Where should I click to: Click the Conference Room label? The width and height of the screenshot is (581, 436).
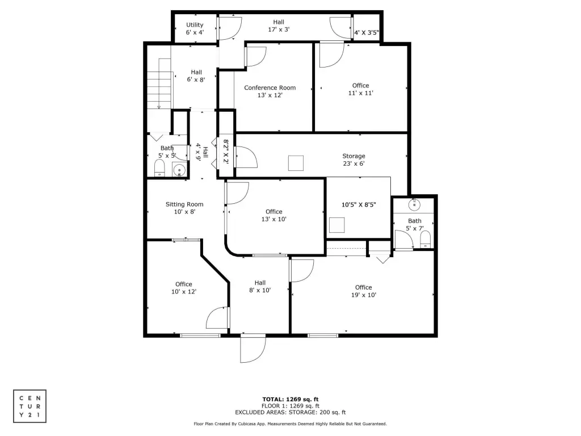tap(270, 88)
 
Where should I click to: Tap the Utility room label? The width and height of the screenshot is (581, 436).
tap(195, 25)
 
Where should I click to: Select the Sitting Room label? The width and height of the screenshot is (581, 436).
tap(184, 204)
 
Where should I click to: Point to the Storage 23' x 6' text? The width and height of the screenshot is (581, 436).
tap(353, 160)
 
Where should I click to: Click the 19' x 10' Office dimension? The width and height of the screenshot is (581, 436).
tap(364, 295)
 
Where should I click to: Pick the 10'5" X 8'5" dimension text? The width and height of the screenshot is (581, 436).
tap(359, 204)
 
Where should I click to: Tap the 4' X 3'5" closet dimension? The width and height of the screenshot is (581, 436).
tap(367, 32)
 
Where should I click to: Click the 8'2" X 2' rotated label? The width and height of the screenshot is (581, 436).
tap(226, 152)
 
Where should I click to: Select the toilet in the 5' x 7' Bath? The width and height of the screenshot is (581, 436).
tap(426, 240)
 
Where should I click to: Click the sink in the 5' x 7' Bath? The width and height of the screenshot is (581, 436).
tap(414, 204)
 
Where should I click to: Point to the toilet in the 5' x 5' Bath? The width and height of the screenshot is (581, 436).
tap(159, 168)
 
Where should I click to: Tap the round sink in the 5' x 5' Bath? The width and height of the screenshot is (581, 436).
tap(179, 170)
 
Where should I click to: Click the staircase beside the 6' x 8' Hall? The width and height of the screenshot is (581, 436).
tap(159, 83)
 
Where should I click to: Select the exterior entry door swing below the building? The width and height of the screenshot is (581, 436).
tap(253, 349)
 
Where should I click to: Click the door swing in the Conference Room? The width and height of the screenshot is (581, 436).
tap(256, 57)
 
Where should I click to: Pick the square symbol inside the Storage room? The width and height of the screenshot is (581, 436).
tap(296, 163)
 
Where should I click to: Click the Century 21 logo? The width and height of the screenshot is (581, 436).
tap(30, 406)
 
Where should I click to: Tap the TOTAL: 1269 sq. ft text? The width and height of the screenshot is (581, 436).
tap(290, 399)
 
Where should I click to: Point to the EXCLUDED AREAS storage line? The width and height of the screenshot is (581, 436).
tap(290, 412)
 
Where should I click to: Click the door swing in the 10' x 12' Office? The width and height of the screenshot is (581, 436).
tap(217, 318)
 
